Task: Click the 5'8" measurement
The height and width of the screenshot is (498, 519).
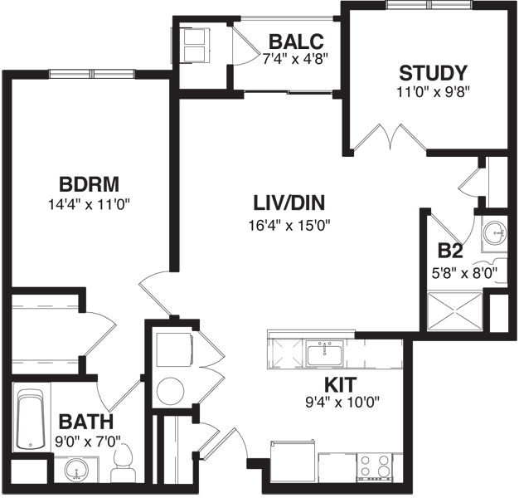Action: [x=445, y=272]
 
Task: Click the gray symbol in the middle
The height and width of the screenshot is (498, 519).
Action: [x=287, y=354]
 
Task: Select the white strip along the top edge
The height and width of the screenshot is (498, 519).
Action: [x=153, y=7]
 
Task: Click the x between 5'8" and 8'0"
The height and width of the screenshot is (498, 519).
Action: [x=467, y=273]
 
